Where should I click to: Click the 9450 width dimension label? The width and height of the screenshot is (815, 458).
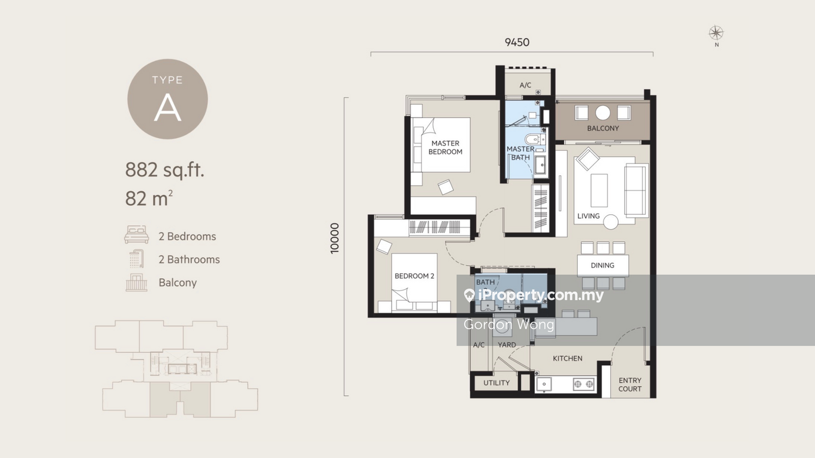click(x=517, y=42)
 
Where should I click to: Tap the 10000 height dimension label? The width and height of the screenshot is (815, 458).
click(x=334, y=239)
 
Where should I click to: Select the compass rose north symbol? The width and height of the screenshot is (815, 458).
click(x=716, y=33)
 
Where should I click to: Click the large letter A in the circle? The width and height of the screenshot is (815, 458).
click(x=168, y=108)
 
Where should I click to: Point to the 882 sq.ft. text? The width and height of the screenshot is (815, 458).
click(x=165, y=170)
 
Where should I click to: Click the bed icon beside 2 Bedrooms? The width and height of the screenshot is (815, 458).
click(x=136, y=235)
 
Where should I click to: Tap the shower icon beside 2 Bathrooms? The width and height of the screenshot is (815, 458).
click(x=136, y=259)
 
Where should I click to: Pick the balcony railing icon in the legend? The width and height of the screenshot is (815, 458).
click(x=136, y=283)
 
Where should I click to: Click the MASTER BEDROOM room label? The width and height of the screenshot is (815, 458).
click(x=445, y=148)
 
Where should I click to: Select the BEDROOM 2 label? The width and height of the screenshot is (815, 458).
click(x=414, y=276)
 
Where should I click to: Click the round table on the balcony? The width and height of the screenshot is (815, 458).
click(x=603, y=113)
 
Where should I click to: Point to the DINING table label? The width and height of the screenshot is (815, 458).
click(x=603, y=265)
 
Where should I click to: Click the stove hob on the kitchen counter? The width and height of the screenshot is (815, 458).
click(x=584, y=384)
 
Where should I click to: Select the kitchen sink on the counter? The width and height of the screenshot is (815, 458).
click(x=544, y=384)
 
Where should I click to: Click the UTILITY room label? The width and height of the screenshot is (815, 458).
click(x=496, y=383)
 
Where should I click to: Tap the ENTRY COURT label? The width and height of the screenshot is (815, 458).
click(x=630, y=384)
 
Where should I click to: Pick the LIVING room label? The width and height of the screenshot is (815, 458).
click(x=589, y=216)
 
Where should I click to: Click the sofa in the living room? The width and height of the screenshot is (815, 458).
click(x=636, y=191)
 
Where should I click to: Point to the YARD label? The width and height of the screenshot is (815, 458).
click(x=507, y=344)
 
